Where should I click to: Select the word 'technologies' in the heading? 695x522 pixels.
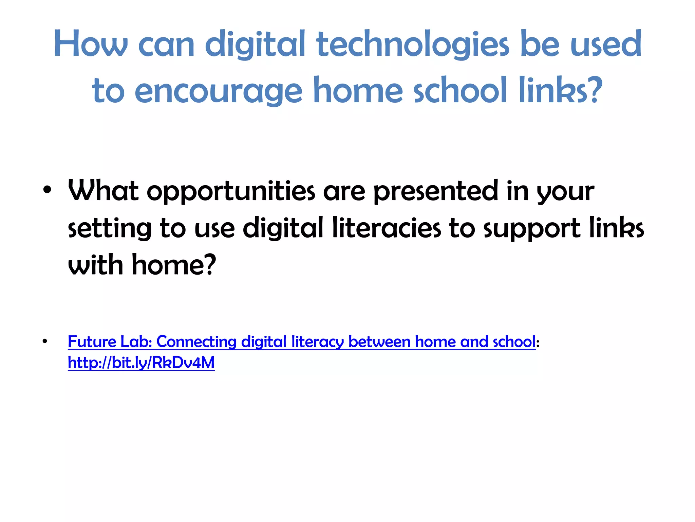(413, 45)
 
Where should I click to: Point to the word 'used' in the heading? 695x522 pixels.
(606, 44)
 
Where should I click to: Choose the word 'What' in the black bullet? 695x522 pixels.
(103, 191)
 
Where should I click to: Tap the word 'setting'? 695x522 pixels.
(109, 228)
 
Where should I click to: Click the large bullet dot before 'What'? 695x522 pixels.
(47, 190)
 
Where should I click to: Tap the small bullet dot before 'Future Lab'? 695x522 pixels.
(45, 341)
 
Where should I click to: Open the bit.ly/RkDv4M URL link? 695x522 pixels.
(141, 363)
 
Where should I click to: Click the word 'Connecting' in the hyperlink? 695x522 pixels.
(196, 342)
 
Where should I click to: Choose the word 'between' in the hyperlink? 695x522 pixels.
(379, 342)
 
